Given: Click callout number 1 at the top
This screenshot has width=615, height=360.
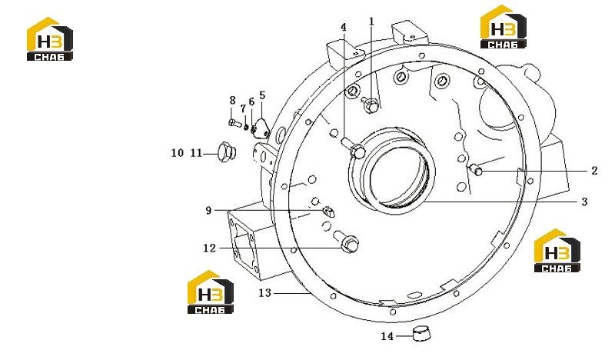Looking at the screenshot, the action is pyautogui.click(x=371, y=22).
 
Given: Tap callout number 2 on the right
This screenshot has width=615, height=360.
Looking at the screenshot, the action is pyautogui.click(x=594, y=171).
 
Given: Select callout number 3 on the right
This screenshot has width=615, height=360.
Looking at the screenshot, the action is pyautogui.click(x=584, y=202).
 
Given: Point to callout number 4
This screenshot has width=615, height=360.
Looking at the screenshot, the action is pyautogui.click(x=344, y=28).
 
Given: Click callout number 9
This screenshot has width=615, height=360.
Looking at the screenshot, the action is pyautogui.click(x=208, y=211).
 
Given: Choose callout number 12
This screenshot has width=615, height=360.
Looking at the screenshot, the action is pyautogui.click(x=209, y=248).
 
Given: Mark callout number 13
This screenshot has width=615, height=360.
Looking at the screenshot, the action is pyautogui.click(x=264, y=293).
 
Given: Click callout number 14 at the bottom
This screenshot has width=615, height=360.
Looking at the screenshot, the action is pyautogui.click(x=387, y=336).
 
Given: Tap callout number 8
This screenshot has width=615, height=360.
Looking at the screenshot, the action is pyautogui.click(x=233, y=101).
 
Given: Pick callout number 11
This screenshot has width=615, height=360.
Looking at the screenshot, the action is pyautogui.click(x=196, y=153).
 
